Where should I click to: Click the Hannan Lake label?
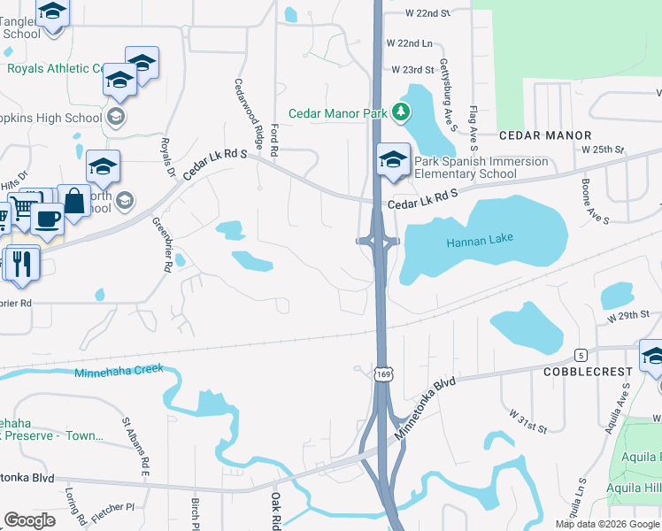(x=480, y=241)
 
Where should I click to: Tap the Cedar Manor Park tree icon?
(x=403, y=112)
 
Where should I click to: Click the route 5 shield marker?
(x=580, y=354)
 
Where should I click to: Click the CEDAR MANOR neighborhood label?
(x=544, y=135)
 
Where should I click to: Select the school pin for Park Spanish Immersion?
(x=393, y=159)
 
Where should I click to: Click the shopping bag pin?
(x=74, y=201)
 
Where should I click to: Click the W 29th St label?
(x=627, y=316)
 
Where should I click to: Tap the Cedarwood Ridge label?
(x=249, y=112)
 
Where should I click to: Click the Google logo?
(x=29, y=520)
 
